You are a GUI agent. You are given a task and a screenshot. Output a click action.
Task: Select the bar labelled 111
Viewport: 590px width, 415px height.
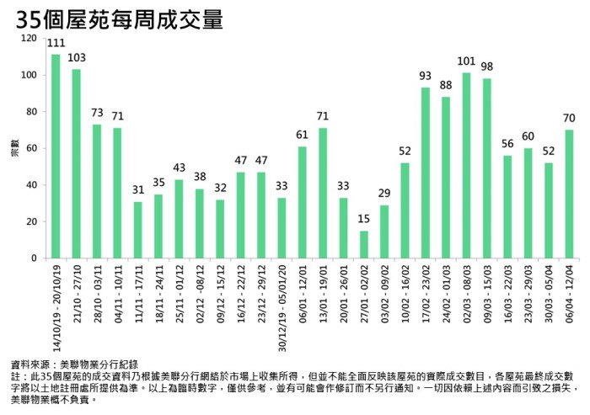click(56, 156)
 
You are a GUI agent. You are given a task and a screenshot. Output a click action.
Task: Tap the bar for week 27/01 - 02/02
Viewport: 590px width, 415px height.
click(364, 244)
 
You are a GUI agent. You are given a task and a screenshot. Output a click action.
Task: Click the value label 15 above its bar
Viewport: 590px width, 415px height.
click(364, 221)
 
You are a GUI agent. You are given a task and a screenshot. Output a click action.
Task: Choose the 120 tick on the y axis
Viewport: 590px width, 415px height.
click(29, 39)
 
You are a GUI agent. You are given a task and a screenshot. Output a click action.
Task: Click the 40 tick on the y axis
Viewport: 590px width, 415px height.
click(32, 185)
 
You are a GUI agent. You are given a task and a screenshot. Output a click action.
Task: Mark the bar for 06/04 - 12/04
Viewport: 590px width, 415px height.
click(570, 194)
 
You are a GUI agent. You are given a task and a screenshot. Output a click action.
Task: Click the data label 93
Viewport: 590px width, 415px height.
click(426, 77)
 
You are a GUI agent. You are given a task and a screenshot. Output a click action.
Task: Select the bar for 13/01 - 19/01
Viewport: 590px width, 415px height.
click(323, 193)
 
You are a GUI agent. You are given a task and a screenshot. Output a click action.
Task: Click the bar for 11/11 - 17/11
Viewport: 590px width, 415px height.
click(138, 230)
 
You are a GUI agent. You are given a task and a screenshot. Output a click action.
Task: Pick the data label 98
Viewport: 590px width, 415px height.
click(487, 67)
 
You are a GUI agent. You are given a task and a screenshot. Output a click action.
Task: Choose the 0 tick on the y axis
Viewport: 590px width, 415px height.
click(35, 258)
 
